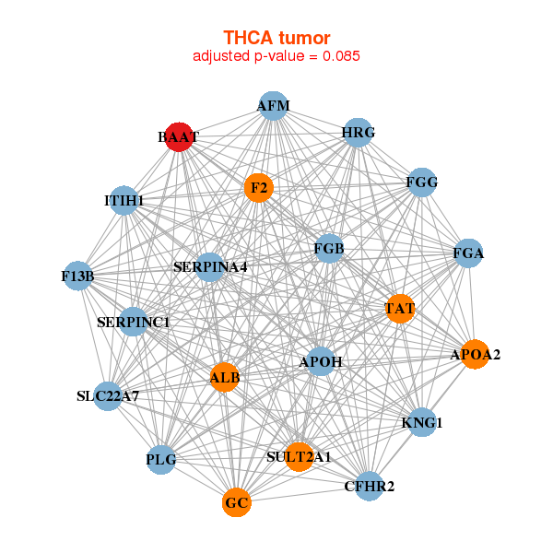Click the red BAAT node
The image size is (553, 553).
click(178, 136)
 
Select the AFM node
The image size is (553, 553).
click(273, 106)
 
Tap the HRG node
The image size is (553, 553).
click(358, 133)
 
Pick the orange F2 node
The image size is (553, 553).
click(259, 188)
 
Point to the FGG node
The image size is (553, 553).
click(421, 182)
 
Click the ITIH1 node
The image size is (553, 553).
click(124, 200)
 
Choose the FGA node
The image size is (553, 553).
click(468, 253)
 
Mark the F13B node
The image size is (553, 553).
click(77, 275)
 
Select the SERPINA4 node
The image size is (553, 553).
click(210, 267)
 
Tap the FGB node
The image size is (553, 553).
click(328, 249)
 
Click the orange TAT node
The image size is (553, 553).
click(399, 308)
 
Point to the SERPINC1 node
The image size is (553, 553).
click(133, 322)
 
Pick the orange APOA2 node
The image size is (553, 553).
click(475, 354)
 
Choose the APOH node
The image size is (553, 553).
click(321, 362)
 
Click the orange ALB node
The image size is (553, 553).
click(224, 376)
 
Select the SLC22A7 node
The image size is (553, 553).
click(108, 397)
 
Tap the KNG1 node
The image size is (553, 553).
click(422, 423)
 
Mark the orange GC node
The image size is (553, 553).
click(237, 502)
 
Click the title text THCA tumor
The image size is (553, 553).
click(276, 37)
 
